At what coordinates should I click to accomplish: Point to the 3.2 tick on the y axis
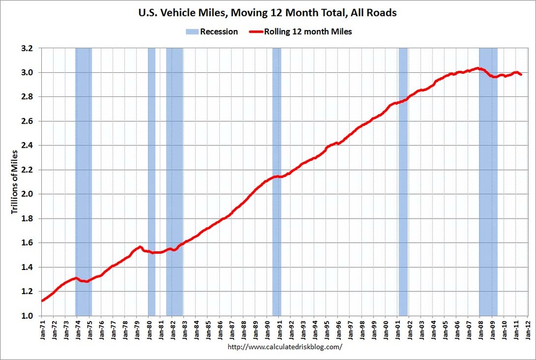click(x=27, y=48)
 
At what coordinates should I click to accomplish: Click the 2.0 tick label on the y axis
click(x=27, y=194)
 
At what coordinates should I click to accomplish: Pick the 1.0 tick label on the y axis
click(x=27, y=316)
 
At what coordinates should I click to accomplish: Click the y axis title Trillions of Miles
click(x=14, y=182)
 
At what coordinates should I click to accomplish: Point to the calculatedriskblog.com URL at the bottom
click(x=285, y=347)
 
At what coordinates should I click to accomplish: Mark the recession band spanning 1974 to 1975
click(x=84, y=182)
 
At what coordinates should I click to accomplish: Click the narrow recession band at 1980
click(x=152, y=182)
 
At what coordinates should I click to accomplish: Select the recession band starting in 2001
click(x=403, y=182)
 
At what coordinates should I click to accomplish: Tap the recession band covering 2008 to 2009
click(x=488, y=182)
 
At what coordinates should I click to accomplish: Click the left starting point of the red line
click(x=42, y=301)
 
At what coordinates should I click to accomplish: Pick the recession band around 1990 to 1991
click(x=277, y=182)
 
